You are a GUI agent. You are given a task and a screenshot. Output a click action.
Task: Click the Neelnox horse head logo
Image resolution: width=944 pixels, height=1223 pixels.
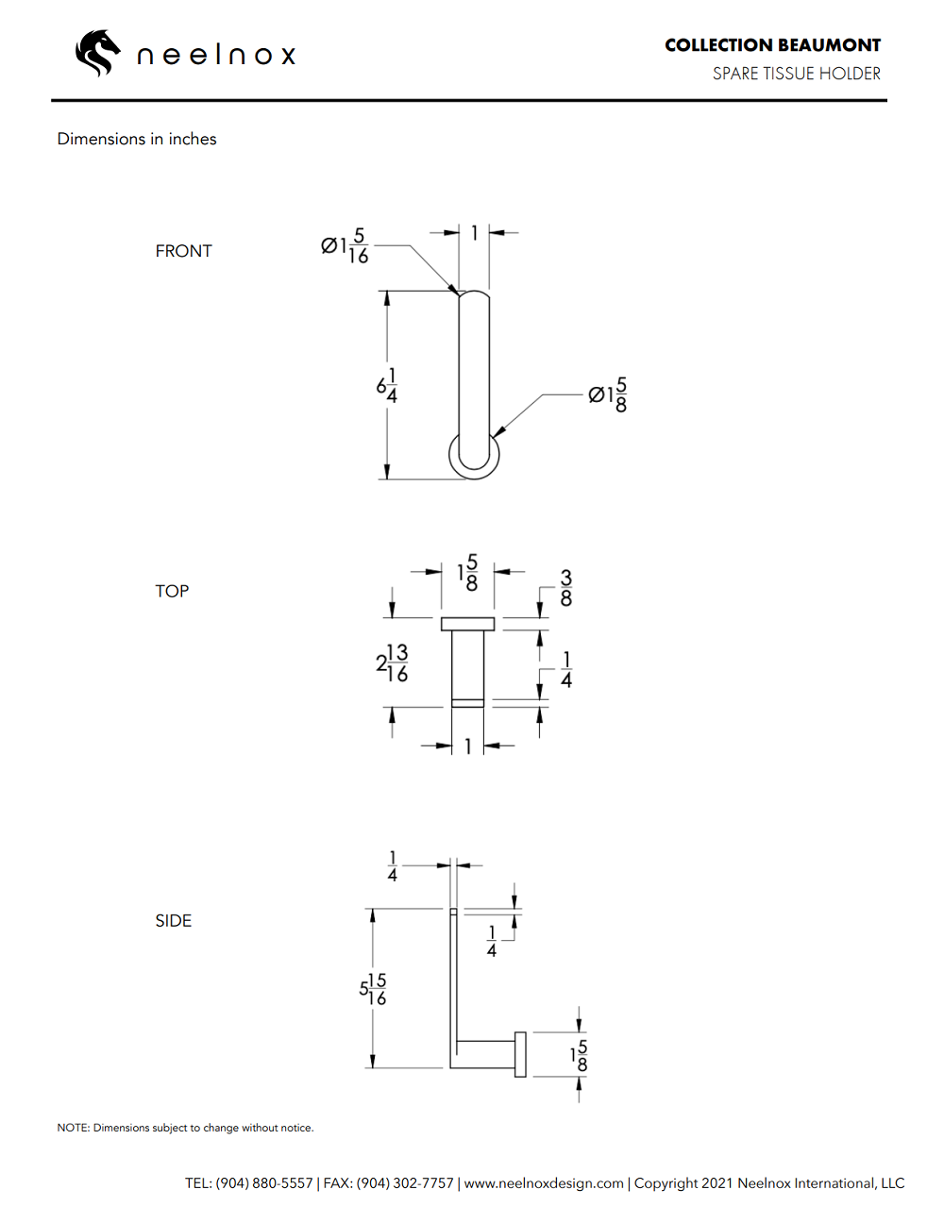(97, 54)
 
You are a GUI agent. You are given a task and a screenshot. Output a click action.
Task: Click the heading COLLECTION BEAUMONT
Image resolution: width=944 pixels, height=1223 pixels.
(772, 45)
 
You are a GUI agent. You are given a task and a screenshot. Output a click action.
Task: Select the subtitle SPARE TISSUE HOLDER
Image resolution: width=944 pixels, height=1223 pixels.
(797, 74)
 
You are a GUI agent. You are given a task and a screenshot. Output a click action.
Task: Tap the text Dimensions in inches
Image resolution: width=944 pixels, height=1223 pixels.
(137, 139)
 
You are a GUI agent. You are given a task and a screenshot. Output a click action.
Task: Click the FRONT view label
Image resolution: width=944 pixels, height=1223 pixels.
(183, 251)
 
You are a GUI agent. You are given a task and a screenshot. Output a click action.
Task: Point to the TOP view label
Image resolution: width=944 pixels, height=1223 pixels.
(172, 591)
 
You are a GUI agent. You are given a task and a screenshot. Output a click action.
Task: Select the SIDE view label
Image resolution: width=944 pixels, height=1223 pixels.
(174, 921)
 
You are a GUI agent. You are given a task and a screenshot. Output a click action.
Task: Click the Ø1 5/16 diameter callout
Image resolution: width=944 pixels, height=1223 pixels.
(345, 246)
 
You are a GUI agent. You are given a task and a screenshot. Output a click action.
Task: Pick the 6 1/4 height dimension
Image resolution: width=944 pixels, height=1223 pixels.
(387, 386)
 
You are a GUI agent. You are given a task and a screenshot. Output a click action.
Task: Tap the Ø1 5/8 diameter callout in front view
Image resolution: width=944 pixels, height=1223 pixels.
(607, 394)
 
